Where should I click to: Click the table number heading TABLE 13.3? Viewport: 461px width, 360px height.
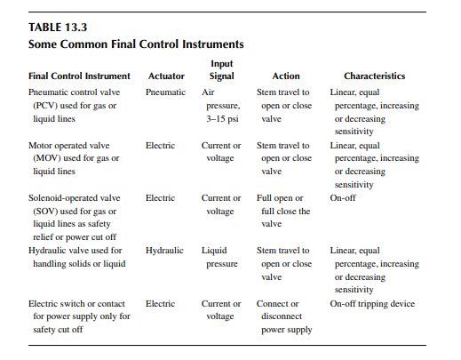coord(58,28)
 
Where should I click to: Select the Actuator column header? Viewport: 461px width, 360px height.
coord(166,76)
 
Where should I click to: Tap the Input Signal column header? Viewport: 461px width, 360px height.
coord(222,70)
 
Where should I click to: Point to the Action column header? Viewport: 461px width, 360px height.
coord(286,76)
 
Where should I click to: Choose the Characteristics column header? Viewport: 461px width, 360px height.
coord(375,76)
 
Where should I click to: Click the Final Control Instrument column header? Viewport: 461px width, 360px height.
coord(79,76)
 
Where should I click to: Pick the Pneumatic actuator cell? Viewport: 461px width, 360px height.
coord(165,92)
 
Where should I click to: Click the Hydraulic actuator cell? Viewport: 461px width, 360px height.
coord(164,251)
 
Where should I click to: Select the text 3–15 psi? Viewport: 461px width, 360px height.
coord(222,119)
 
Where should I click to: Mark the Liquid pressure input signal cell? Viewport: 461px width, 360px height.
coord(219,257)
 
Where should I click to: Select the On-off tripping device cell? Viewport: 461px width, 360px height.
coord(372,304)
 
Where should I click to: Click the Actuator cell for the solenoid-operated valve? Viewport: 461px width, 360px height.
coord(160,198)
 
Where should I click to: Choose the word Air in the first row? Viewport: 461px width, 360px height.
coord(208,92)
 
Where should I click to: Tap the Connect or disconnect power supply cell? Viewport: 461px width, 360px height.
coord(284,316)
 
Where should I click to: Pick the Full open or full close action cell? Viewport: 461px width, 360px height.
coord(283,211)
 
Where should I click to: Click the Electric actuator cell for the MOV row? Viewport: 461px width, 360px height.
coord(160,146)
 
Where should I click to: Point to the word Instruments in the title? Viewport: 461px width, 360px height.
coord(213,44)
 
